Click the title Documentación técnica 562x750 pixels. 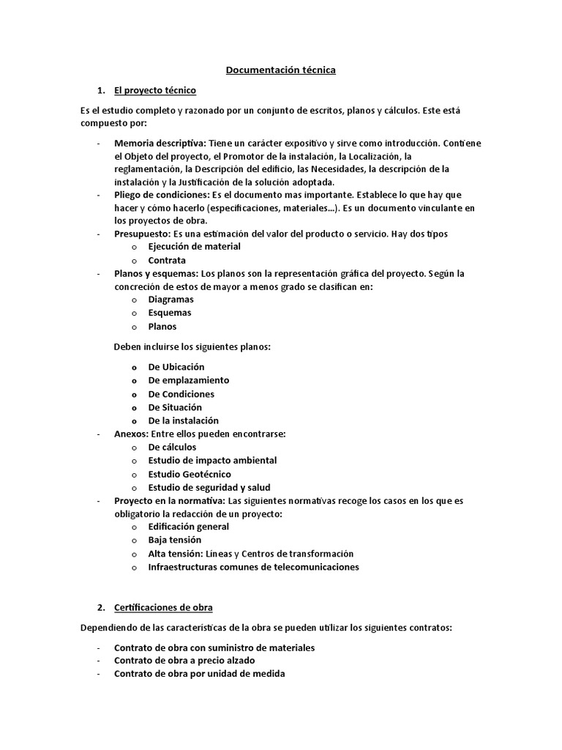280,70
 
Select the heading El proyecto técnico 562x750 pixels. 154,90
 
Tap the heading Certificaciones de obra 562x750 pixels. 163,607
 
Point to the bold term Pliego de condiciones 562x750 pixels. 161,195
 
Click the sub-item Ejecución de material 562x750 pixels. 194,247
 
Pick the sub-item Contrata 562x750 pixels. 167,260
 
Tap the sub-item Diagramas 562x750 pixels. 171,300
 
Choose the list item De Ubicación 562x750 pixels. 176,366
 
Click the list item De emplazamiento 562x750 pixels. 188,380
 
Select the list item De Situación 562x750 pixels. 175,406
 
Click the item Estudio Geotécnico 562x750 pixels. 190,474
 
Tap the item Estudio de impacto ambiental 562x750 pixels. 212,461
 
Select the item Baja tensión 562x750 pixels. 174,540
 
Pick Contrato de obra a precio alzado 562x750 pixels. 184,660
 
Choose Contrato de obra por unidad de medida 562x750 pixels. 199,674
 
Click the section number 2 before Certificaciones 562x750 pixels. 100,607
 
